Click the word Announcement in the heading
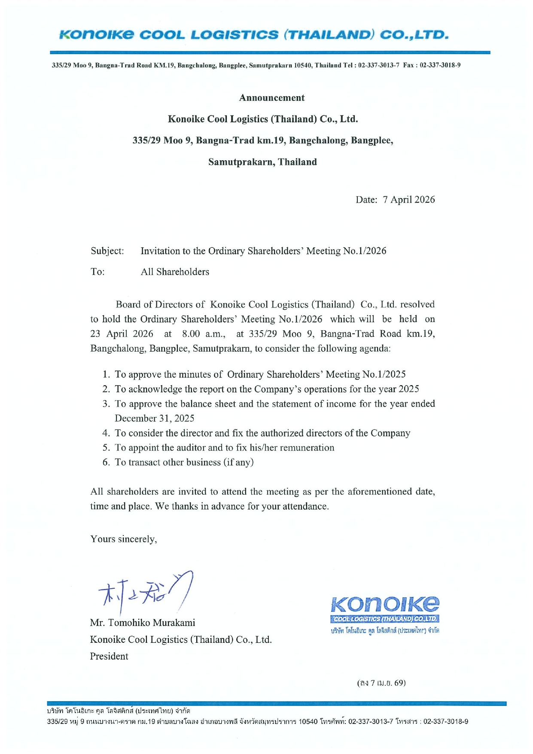pyautogui.click(x=271, y=98)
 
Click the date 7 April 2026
pyautogui.click(x=408, y=200)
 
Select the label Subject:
pyautogui.click(x=107, y=251)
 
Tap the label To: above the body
pyautogui.click(x=97, y=272)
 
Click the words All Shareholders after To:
pyautogui.click(x=175, y=272)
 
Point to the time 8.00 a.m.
pyautogui.click(x=204, y=334)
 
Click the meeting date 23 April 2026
pyautogui.click(x=122, y=334)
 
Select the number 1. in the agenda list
pyautogui.click(x=107, y=374)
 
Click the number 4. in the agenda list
pyautogui.click(x=107, y=433)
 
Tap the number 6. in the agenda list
pyautogui.click(x=107, y=462)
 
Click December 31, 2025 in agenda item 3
pyautogui.click(x=154, y=419)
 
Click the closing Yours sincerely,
pyautogui.click(x=124, y=539)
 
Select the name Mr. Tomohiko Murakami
pyautogui.click(x=143, y=623)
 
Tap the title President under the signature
pyautogui.click(x=109, y=657)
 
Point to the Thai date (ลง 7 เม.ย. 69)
pyautogui.click(x=381, y=683)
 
